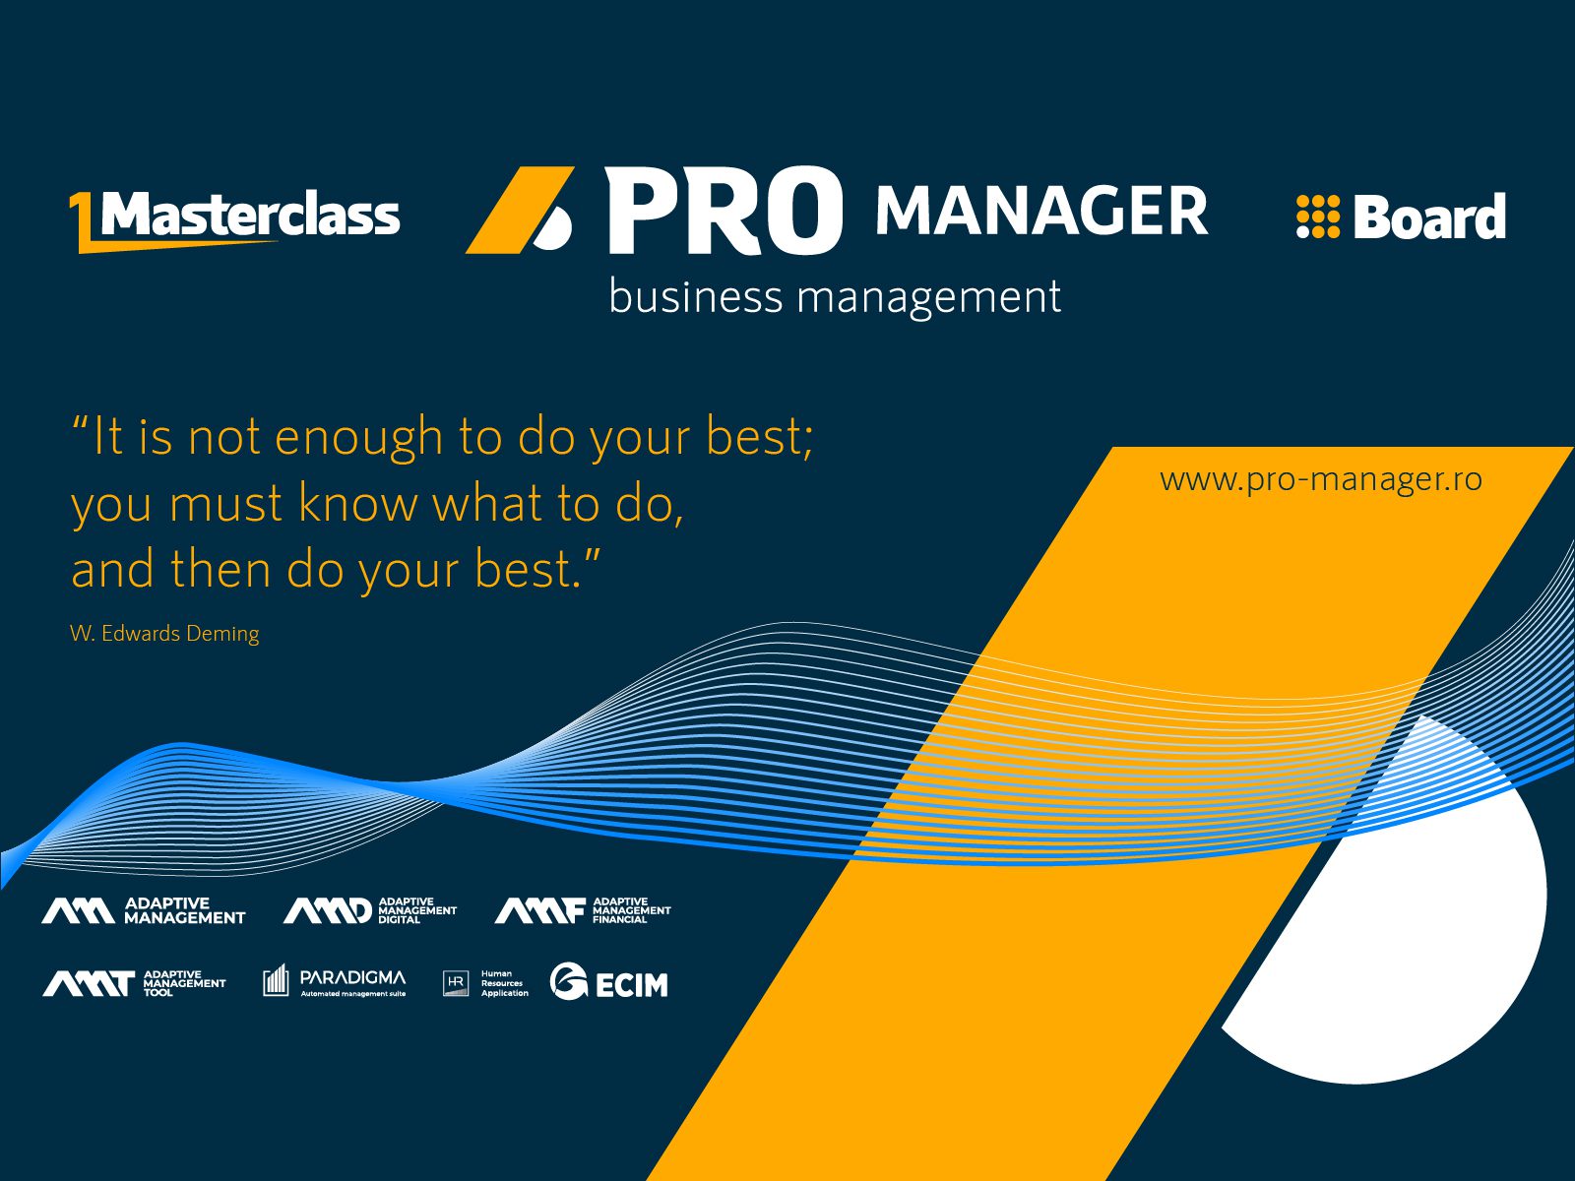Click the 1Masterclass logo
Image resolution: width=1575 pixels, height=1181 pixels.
tap(234, 221)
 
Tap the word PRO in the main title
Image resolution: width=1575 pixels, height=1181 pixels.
tap(724, 210)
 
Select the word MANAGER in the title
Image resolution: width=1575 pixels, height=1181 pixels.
tap(1041, 210)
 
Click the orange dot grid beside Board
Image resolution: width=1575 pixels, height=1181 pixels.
tap(1318, 216)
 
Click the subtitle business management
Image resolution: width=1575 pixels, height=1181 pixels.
tap(835, 297)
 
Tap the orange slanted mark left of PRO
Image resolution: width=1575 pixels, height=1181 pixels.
tap(520, 210)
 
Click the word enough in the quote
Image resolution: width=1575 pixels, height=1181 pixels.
tap(358, 437)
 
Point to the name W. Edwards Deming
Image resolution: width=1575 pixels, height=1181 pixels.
tap(164, 633)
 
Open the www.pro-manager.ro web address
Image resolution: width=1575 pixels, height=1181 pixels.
tap(1321, 479)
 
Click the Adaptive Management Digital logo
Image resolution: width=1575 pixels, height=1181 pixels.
tap(369, 910)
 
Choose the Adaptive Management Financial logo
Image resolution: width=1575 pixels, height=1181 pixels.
tap(583, 910)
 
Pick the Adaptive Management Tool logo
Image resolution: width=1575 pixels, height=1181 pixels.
tap(134, 983)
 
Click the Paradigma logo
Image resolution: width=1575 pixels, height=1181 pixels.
tap(335, 981)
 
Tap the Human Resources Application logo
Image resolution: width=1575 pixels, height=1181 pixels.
tap(485, 983)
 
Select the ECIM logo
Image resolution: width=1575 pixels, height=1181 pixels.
tap(609, 981)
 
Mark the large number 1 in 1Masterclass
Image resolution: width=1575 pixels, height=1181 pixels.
tap(84, 221)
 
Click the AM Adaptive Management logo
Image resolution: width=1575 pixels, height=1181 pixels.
tap(144, 910)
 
